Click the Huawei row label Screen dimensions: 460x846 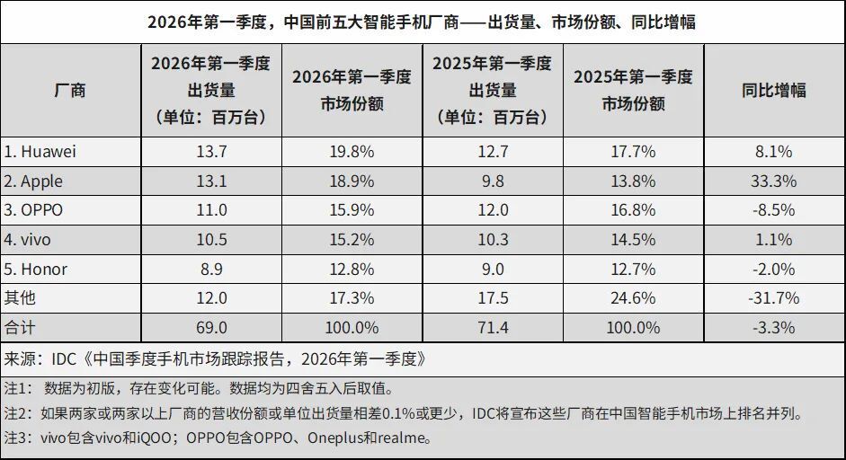(40, 152)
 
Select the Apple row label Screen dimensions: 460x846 (34, 181)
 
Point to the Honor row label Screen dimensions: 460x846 (36, 270)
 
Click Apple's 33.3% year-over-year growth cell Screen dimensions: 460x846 (773, 181)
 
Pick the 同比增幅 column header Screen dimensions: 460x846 (773, 90)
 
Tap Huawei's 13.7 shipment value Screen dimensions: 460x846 (210, 152)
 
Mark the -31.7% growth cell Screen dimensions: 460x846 (773, 298)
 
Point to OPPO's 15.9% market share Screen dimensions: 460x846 (351, 210)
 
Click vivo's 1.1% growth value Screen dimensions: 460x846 (773, 240)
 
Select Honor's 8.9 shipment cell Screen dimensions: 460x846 (210, 270)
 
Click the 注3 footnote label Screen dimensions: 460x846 (18, 439)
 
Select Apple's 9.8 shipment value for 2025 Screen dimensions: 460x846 (491, 181)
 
